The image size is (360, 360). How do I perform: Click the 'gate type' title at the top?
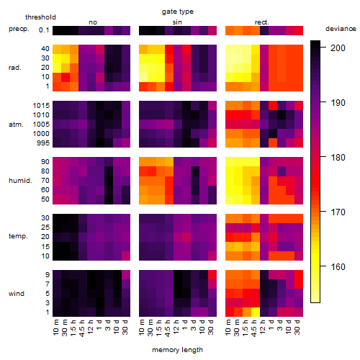coord(178,12)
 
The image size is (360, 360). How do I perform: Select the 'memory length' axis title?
coord(177,350)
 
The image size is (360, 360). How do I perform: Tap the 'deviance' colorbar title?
coord(341,29)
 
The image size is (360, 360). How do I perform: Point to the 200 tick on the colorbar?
coord(323,48)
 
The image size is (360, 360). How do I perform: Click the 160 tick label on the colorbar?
coord(338,266)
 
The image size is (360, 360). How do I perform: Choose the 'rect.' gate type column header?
coord(261,22)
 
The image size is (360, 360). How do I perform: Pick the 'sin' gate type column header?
coord(177,22)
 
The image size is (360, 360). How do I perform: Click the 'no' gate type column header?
coord(93,22)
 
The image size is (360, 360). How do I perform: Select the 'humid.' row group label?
coord(20,181)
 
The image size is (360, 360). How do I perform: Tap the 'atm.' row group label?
coord(16,125)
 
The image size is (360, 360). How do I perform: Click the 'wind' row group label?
coord(17,294)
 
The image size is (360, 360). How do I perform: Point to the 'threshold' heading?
coord(40,17)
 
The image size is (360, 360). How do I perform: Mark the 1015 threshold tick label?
coord(41,106)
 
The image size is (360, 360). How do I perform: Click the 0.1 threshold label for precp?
coord(44,30)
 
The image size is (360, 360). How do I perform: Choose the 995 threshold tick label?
coord(43,143)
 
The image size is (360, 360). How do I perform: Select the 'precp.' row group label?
coord(19,29)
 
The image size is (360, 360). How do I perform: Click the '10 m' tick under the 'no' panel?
coord(55,327)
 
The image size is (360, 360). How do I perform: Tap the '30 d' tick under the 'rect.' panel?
coord(297,327)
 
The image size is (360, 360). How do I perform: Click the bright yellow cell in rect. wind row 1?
coord(256,312)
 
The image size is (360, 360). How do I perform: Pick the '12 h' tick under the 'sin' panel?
coord(176,327)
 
